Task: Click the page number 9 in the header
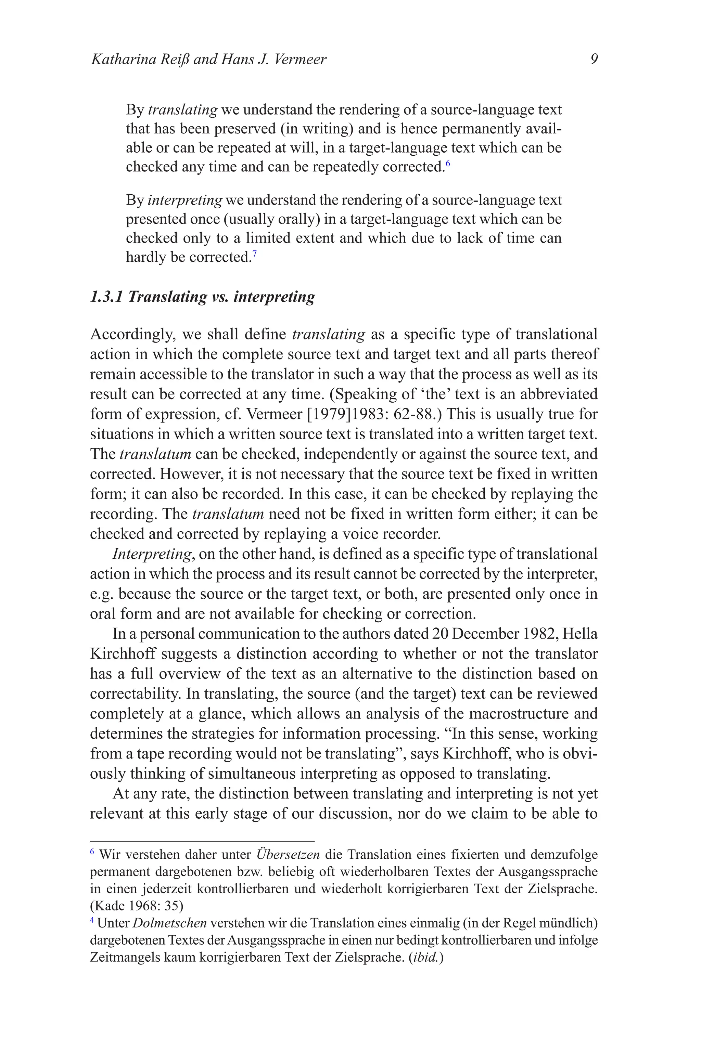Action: click(594, 60)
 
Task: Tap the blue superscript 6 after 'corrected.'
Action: click(448, 164)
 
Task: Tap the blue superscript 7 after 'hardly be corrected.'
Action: click(254, 254)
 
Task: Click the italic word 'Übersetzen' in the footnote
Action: click(288, 855)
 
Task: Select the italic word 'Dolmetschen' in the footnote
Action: click(170, 923)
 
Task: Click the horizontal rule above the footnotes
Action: click(202, 841)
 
